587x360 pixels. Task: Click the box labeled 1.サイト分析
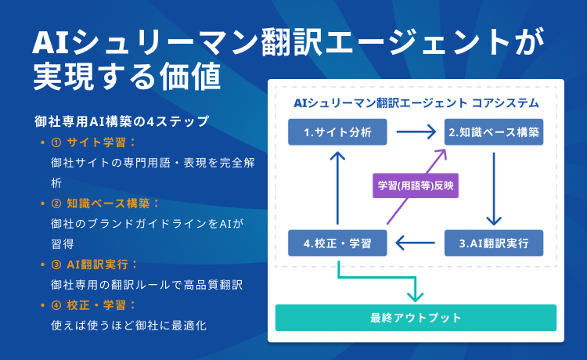tap(337, 132)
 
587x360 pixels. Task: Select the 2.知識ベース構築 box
tap(494, 132)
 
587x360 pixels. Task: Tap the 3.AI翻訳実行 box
tap(494, 243)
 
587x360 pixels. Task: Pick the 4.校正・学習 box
tap(337, 243)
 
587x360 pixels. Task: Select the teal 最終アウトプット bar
tap(416, 318)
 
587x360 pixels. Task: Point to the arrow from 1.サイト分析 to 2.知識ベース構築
tap(416, 132)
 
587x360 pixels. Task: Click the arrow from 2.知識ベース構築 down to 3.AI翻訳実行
tap(494, 188)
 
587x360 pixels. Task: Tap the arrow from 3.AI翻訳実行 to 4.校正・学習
tap(416, 243)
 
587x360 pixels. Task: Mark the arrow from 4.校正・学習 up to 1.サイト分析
tap(337, 188)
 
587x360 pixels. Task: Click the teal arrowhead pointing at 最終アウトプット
tap(416, 296)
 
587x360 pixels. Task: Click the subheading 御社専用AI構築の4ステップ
tap(121, 121)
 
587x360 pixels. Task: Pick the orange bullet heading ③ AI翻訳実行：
tap(94, 264)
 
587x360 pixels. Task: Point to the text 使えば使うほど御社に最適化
tap(128, 325)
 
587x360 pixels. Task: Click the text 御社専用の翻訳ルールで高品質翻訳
tap(146, 284)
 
